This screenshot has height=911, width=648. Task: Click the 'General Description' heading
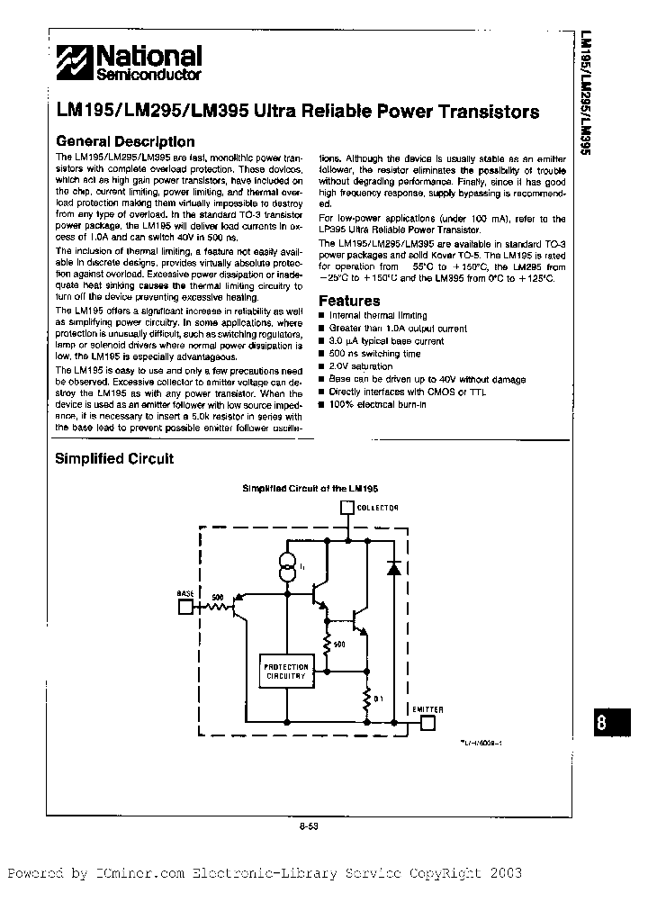[124, 141]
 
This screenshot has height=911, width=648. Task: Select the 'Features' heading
[349, 301]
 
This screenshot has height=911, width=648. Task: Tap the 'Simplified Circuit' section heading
[114, 458]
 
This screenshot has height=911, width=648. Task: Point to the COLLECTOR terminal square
[346, 509]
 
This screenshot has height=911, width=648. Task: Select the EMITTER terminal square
[428, 721]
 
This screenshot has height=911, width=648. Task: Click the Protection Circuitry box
[285, 670]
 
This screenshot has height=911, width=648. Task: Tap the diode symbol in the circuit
[392, 568]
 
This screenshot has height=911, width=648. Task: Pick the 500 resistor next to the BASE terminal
[216, 606]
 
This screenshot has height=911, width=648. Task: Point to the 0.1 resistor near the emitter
[367, 698]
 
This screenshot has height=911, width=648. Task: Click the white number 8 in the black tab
[611, 724]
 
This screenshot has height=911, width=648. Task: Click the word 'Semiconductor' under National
[150, 75]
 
